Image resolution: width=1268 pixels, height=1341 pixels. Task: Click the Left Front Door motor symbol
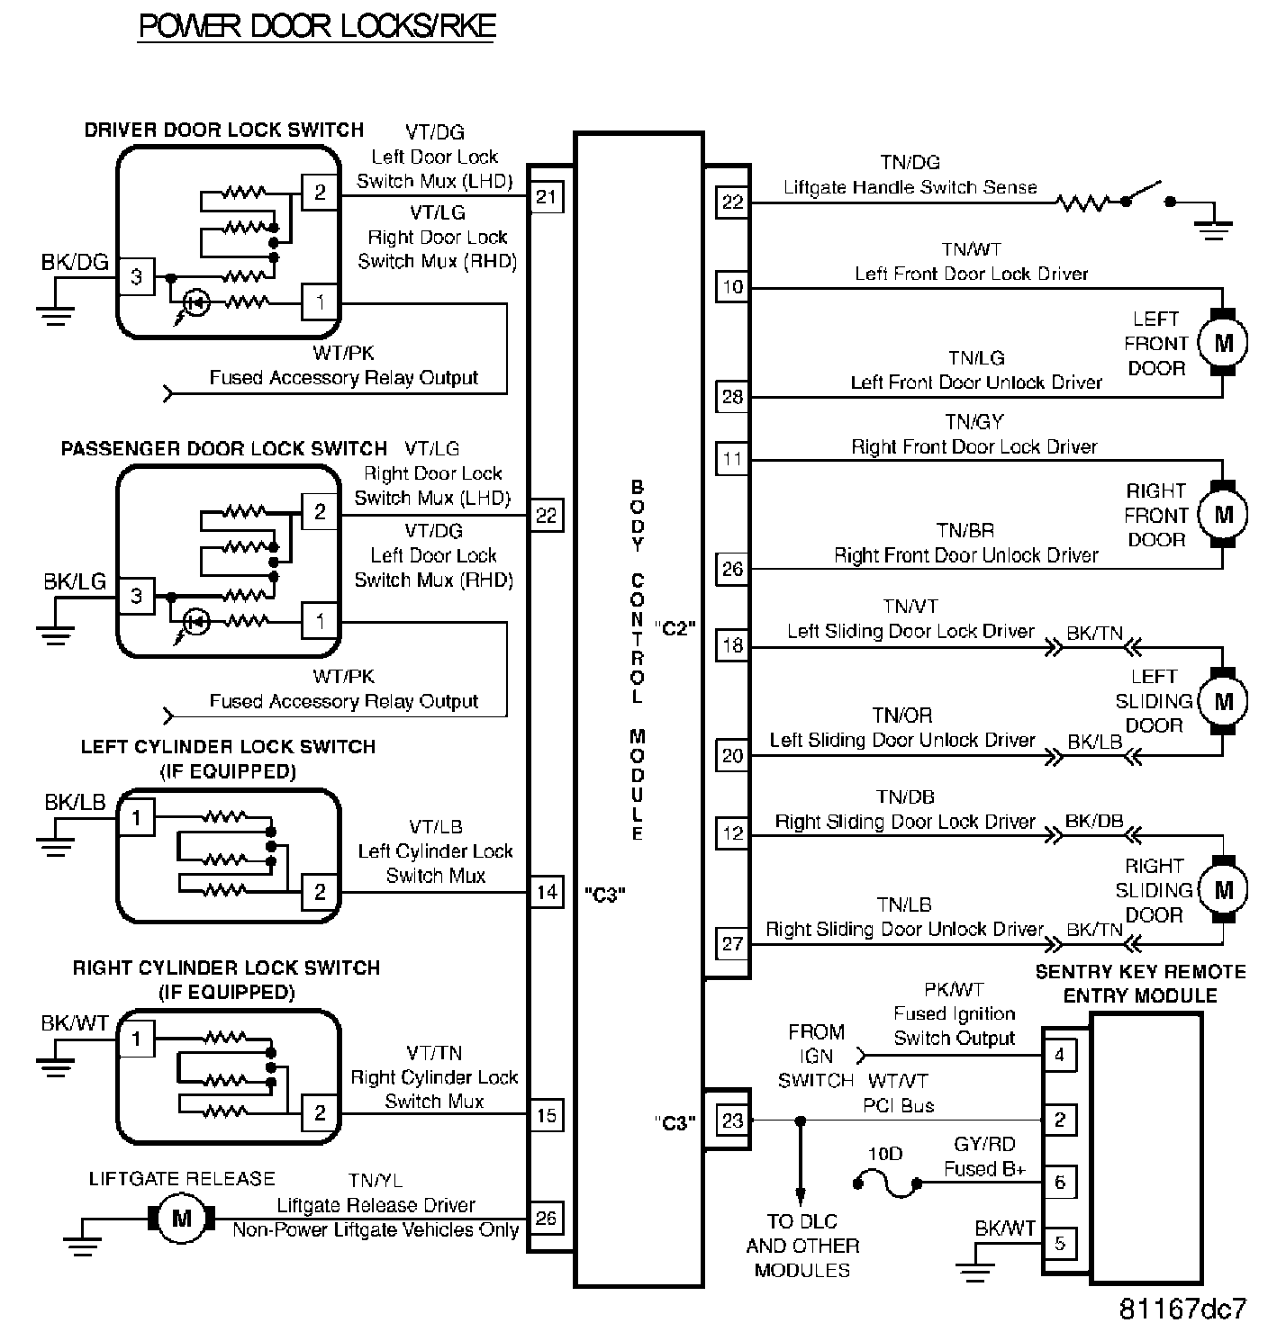click(x=1223, y=343)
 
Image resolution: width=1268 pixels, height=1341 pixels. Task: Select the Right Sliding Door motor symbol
click(x=1223, y=890)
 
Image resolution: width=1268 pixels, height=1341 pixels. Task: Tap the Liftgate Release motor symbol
click(x=182, y=1219)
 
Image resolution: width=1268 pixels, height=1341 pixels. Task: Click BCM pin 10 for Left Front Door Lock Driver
click(x=732, y=287)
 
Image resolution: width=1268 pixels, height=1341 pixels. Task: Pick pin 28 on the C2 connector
click(x=732, y=396)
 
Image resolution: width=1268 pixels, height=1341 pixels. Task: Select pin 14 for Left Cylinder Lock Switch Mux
click(x=547, y=892)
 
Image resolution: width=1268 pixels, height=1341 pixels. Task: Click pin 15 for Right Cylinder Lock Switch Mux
click(x=547, y=1115)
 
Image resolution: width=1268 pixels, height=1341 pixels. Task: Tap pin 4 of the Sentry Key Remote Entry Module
click(x=1059, y=1054)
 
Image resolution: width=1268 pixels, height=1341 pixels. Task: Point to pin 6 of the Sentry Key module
click(x=1059, y=1182)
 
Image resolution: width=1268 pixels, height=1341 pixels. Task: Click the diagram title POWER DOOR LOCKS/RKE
click(x=317, y=26)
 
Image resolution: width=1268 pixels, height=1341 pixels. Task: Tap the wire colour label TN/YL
click(x=376, y=1180)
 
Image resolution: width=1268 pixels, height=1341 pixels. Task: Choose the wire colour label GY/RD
click(x=984, y=1144)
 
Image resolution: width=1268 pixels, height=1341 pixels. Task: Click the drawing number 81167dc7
click(x=1182, y=1308)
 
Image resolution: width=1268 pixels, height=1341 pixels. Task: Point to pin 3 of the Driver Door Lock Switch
click(x=136, y=276)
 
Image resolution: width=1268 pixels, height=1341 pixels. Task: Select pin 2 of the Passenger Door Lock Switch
click(x=319, y=512)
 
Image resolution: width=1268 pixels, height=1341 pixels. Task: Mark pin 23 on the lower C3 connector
click(x=732, y=1120)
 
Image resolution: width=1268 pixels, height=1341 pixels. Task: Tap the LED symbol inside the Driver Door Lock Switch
click(x=196, y=303)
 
